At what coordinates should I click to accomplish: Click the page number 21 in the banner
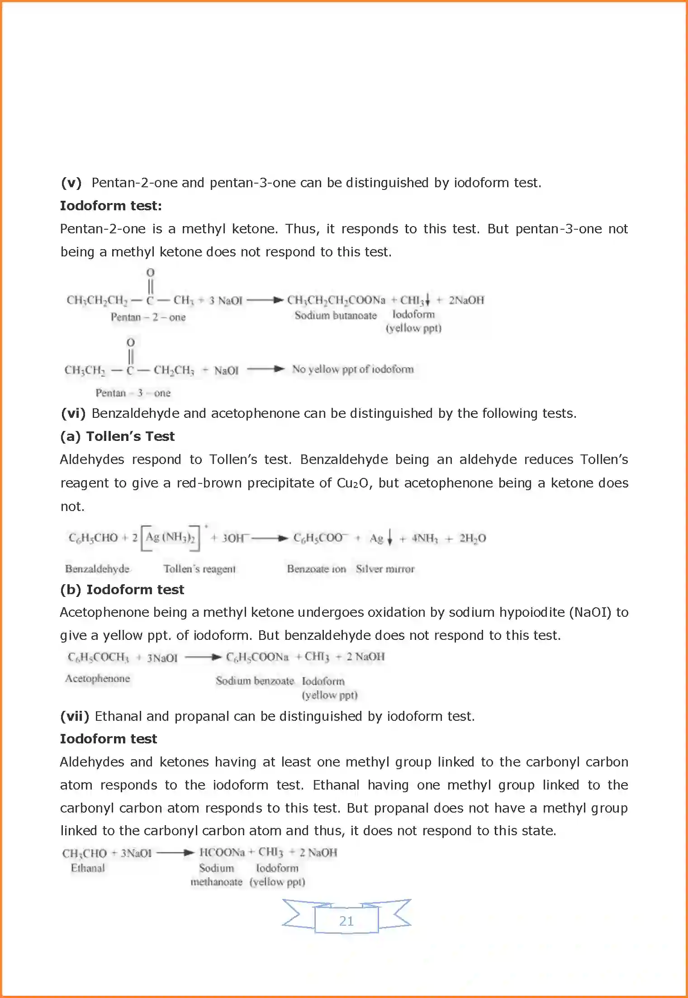346,921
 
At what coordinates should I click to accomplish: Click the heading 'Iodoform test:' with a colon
111,206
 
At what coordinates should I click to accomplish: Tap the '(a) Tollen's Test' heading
118,436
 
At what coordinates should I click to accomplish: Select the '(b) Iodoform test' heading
122,590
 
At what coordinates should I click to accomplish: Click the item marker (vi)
73,413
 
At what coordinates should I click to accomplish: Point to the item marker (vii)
75,716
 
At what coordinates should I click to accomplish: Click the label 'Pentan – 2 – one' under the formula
148,317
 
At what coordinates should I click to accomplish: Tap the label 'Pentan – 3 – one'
133,393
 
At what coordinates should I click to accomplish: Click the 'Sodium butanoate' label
336,315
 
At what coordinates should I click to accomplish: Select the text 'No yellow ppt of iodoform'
353,369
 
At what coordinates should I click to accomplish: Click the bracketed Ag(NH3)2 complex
170,538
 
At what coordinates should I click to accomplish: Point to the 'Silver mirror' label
385,569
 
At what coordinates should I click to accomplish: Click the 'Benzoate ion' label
317,569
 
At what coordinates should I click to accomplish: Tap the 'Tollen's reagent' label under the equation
199,569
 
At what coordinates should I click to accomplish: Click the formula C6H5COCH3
99,657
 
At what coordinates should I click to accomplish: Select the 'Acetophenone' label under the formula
98,678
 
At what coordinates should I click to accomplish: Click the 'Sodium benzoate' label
255,681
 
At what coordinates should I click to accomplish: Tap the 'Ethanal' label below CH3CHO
88,868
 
